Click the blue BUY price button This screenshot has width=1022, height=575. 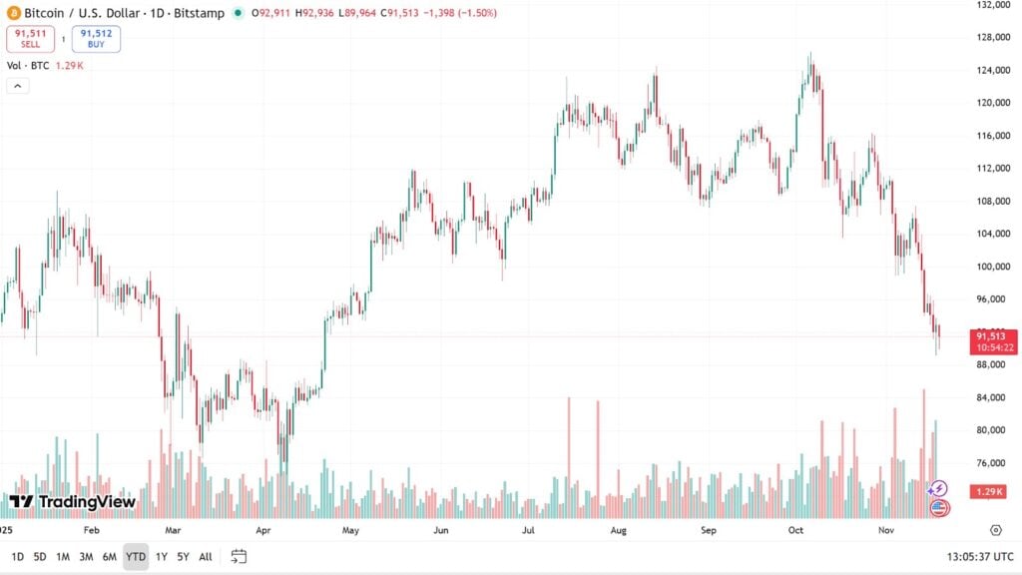(x=96, y=39)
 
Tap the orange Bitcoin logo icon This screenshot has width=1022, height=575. (x=12, y=13)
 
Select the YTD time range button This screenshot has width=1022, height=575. (x=136, y=556)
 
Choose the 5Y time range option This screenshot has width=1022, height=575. (x=183, y=556)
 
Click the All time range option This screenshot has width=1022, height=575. (x=206, y=556)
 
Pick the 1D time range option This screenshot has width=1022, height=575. (x=17, y=556)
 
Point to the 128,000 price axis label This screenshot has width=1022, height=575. (x=994, y=38)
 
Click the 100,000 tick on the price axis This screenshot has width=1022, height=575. (x=994, y=267)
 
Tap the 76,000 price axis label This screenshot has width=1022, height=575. (x=994, y=463)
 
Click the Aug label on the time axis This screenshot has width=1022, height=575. (x=618, y=532)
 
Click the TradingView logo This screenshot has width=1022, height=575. (x=72, y=501)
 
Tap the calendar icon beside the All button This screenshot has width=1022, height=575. (x=239, y=556)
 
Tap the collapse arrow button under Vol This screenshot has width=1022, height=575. (x=18, y=86)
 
